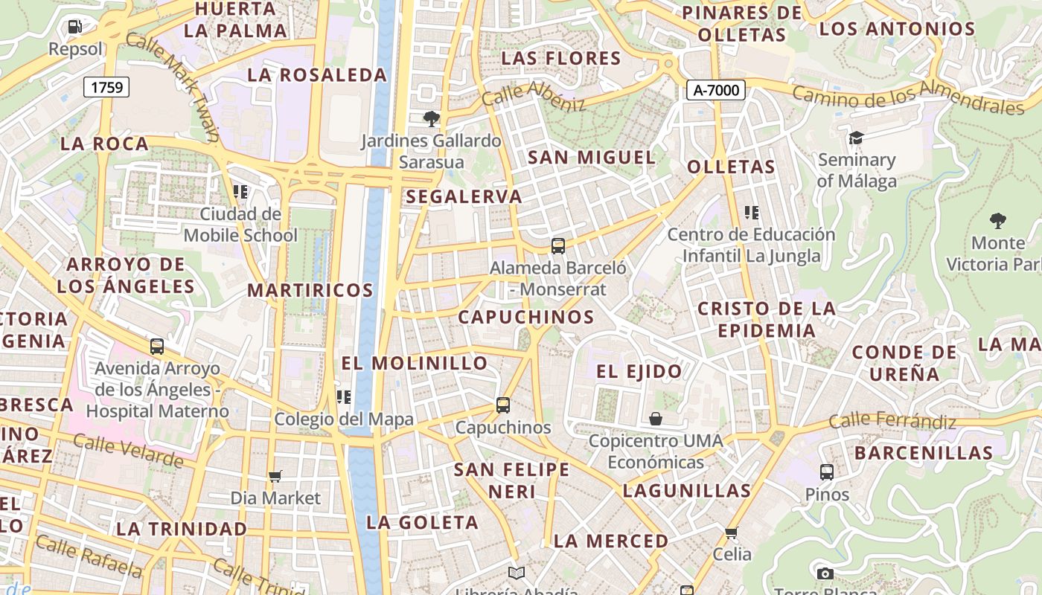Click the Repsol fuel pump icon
[x=74, y=28]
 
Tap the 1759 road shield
[x=106, y=87]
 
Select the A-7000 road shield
[x=715, y=90]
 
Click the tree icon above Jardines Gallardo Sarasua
[x=431, y=118]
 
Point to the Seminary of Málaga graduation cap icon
[x=856, y=138]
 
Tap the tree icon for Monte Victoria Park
[x=997, y=220]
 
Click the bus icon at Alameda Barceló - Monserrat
[x=558, y=245]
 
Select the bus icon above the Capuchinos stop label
[x=503, y=405]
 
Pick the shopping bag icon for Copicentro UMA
[x=656, y=419]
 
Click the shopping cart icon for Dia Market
[x=275, y=476]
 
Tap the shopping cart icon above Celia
[x=732, y=533]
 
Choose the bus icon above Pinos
[x=827, y=472]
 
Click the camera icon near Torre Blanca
[x=825, y=573]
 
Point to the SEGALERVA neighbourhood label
[x=464, y=196]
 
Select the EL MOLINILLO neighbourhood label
[x=415, y=363]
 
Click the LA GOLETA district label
[x=422, y=522]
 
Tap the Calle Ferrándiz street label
[x=892, y=421]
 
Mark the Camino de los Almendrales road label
[x=907, y=100]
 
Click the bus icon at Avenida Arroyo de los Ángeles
[x=157, y=346]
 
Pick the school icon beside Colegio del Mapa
[x=343, y=397]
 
